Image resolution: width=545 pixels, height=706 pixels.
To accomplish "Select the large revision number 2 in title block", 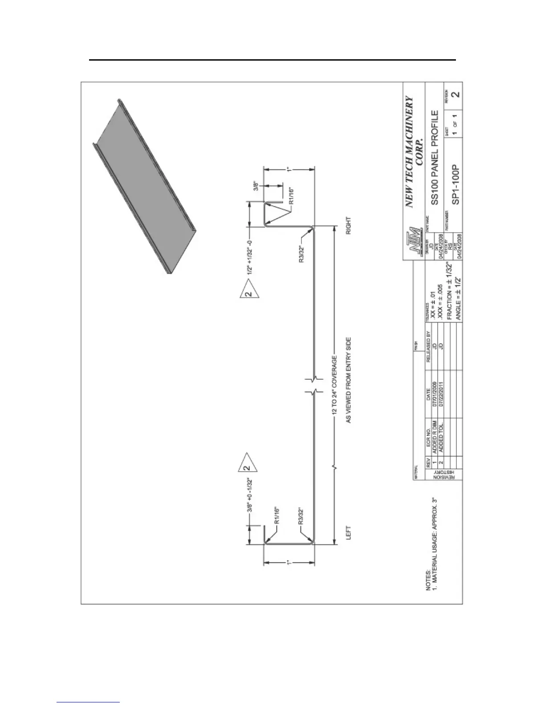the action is (455, 95).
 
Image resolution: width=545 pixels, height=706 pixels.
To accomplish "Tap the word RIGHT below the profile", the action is (349, 226).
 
